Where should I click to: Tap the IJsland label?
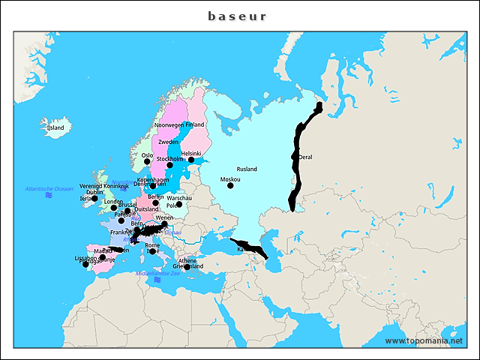tap(55, 128)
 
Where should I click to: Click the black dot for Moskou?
tap(230, 185)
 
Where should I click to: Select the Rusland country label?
tap(246, 169)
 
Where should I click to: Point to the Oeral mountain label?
tap(305, 157)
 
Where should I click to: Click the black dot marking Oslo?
tap(147, 162)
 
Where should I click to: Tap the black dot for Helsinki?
tap(191, 160)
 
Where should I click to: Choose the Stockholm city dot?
tap(169, 165)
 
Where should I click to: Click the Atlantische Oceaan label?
tap(49, 188)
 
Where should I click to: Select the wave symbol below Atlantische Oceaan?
tap(49, 195)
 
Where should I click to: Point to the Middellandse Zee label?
tap(157, 274)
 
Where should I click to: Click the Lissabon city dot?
tap(85, 264)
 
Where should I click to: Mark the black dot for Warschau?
tap(179, 204)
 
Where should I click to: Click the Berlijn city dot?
tap(155, 202)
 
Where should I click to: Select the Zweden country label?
tap(168, 142)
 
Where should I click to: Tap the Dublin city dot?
tap(94, 199)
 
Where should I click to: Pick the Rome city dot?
tap(152, 251)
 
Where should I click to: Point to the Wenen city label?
tap(163, 217)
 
